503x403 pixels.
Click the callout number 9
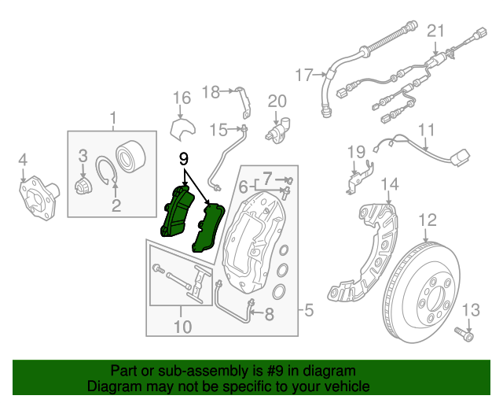(x=184, y=157)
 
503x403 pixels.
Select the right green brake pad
(x=209, y=227)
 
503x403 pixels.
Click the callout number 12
(x=427, y=219)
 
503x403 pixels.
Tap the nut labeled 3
(x=83, y=187)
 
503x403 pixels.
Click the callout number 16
(x=182, y=98)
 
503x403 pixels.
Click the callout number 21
(x=435, y=31)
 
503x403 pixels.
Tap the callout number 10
(x=182, y=325)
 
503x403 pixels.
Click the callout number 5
(x=309, y=311)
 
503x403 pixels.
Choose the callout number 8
(x=269, y=316)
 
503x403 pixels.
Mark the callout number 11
(x=426, y=129)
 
